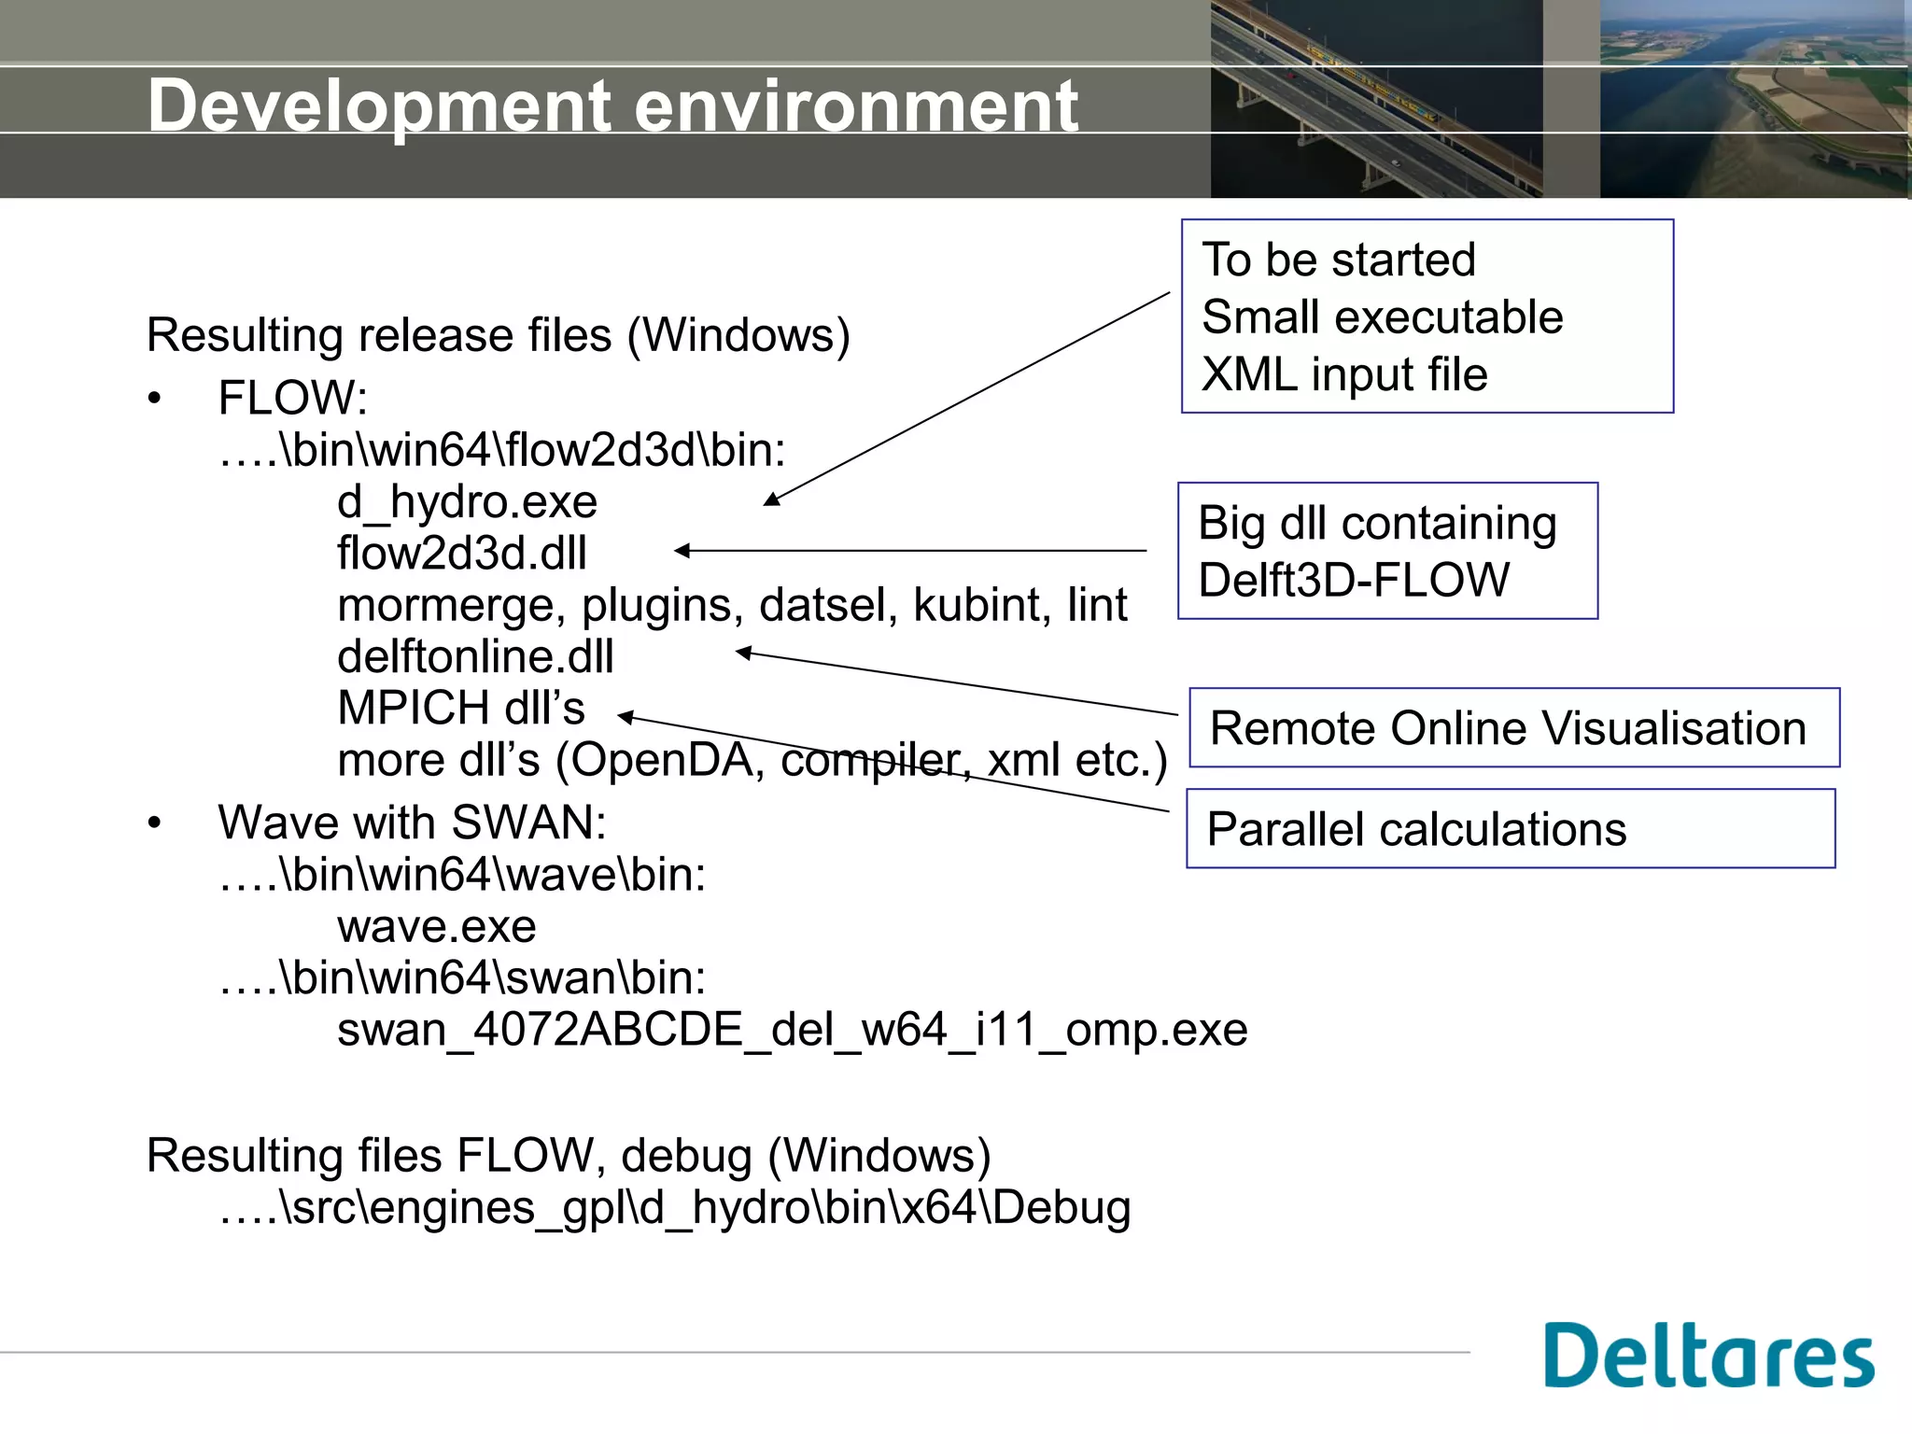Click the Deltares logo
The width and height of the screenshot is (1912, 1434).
click(x=1708, y=1356)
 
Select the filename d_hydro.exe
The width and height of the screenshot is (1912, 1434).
click(x=467, y=502)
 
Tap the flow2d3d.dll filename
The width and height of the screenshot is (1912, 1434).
click(x=461, y=554)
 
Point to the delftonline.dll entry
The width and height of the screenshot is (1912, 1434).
click(x=475, y=656)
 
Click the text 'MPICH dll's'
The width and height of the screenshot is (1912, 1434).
click(x=461, y=708)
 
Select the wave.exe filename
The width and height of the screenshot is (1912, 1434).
click(x=436, y=926)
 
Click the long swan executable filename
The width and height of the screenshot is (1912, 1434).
click(x=792, y=1030)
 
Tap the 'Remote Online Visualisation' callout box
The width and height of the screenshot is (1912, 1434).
click(x=1512, y=728)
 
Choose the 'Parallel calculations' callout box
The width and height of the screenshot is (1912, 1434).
click(x=1510, y=829)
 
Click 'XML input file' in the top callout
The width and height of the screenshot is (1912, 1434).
click(x=1343, y=374)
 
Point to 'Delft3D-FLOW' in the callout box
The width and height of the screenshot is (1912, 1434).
click(x=1353, y=580)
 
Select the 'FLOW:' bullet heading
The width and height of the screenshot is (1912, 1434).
click(x=292, y=398)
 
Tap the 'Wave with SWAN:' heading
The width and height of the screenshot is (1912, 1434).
click(x=412, y=822)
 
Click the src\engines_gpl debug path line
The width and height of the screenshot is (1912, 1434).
click(x=674, y=1207)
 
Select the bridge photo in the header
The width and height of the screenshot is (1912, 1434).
click(x=1375, y=99)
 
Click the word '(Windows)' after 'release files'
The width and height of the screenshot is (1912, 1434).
click(x=738, y=335)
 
